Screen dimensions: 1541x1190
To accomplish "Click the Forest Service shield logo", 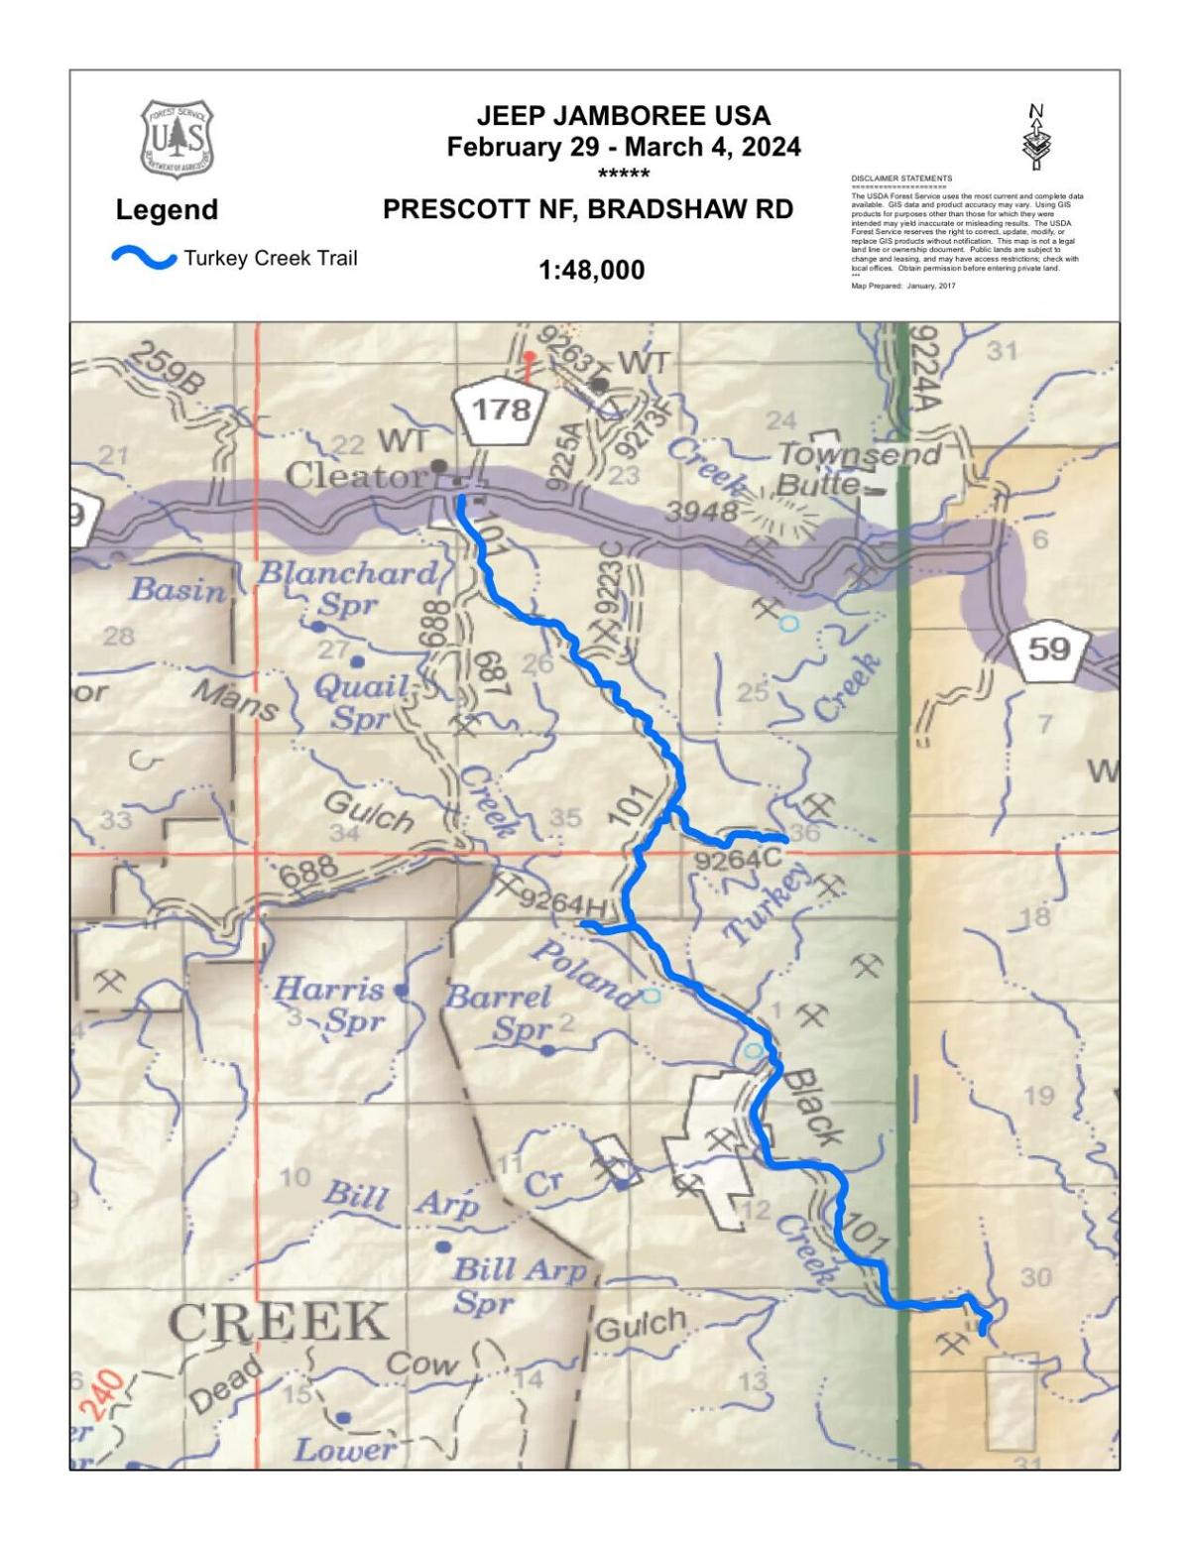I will click(x=177, y=138).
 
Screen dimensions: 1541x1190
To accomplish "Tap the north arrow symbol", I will click(x=1035, y=137).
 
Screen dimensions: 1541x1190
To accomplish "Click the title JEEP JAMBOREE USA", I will click(x=623, y=116).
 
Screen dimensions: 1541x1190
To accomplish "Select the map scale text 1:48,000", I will click(x=591, y=270).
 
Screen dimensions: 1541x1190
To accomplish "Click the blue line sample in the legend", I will click(x=144, y=258).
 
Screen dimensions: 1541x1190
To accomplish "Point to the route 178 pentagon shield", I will click(x=501, y=408).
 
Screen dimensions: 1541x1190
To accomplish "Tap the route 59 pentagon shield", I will click(x=1049, y=650).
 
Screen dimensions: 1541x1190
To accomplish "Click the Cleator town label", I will click(x=354, y=476).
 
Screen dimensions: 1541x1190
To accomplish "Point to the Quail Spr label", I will click(x=362, y=701).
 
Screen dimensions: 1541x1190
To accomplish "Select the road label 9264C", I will click(x=739, y=859).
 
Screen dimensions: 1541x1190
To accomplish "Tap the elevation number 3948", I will click(x=700, y=512).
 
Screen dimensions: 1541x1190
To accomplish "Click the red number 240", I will click(x=102, y=1395).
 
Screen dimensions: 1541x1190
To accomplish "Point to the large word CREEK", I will click(x=279, y=1322).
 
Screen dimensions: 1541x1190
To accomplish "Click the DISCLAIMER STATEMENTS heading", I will click(x=901, y=178).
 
